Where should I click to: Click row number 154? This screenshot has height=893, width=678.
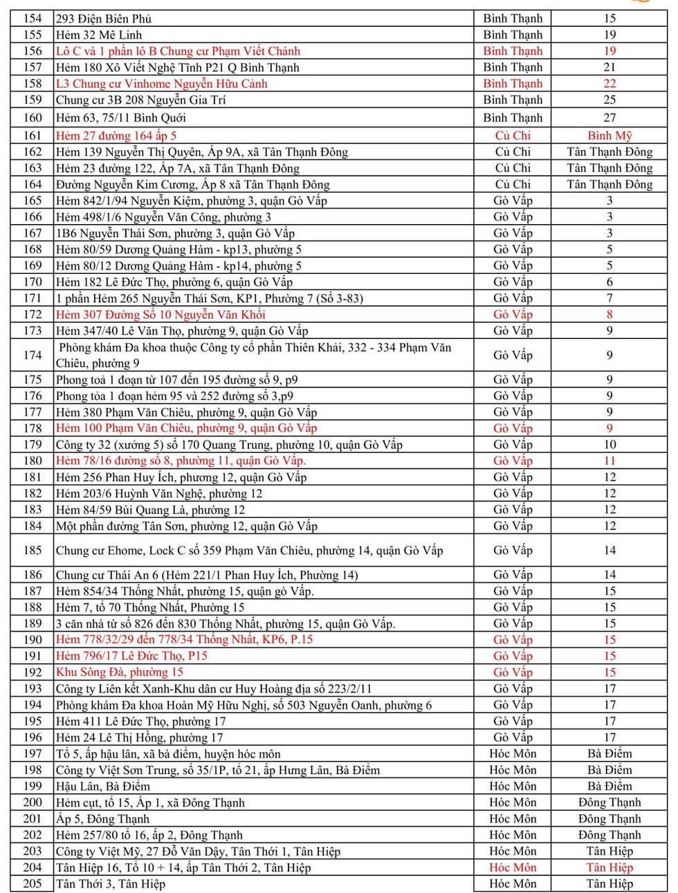click(x=33, y=19)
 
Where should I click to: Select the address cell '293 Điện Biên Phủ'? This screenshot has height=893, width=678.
click(x=104, y=19)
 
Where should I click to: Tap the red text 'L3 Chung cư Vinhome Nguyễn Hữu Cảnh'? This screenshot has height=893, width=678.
click(x=161, y=84)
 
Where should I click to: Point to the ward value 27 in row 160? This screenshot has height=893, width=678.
click(x=609, y=118)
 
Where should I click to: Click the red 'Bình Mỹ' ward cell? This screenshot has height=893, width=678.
click(x=609, y=136)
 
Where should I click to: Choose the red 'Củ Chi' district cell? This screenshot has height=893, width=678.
click(x=513, y=136)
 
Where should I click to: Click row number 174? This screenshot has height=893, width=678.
click(x=33, y=356)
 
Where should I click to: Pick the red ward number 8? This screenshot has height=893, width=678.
click(x=610, y=315)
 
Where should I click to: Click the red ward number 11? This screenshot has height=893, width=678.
click(x=610, y=461)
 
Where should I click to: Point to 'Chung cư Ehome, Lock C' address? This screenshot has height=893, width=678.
click(x=249, y=551)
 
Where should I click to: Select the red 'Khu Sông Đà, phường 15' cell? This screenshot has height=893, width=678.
click(x=120, y=672)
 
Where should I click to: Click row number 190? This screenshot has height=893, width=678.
click(x=33, y=640)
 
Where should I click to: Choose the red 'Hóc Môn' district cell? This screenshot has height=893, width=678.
click(x=513, y=867)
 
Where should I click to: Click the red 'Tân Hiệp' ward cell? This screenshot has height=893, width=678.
click(x=610, y=867)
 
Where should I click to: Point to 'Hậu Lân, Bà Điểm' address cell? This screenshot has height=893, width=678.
click(x=103, y=786)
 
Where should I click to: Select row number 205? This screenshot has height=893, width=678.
click(x=33, y=884)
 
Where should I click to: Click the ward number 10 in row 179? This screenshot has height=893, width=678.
click(x=610, y=445)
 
